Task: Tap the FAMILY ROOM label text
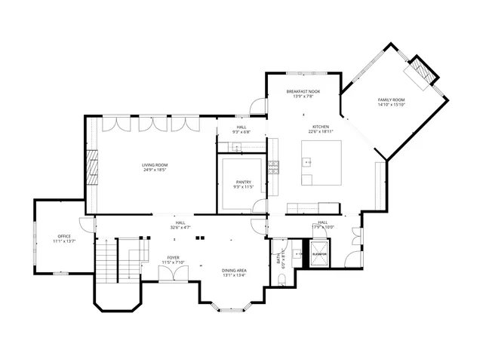click(392, 100)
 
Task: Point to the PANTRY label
click(242, 182)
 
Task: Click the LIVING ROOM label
click(155, 164)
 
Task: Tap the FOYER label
click(173, 258)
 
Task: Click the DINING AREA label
click(235, 270)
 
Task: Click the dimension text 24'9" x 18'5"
click(155, 170)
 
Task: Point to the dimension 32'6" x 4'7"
click(180, 227)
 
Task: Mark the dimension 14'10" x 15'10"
click(392, 105)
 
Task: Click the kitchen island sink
click(308, 161)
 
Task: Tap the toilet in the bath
click(281, 280)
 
